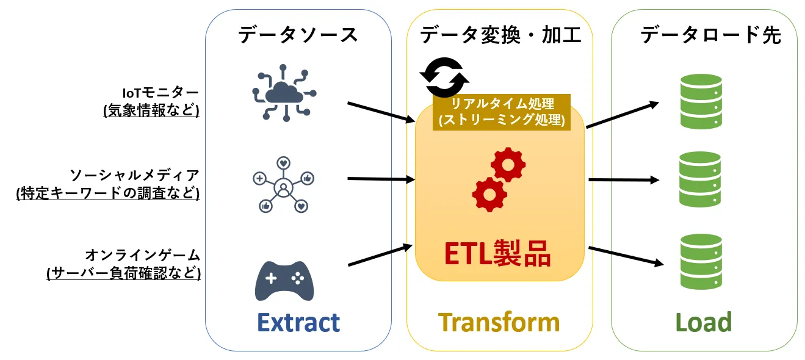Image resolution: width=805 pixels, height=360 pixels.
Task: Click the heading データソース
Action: coord(298,35)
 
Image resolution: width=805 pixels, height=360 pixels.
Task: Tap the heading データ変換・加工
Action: coord(500,35)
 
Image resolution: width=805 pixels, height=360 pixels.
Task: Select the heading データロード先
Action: coord(710,35)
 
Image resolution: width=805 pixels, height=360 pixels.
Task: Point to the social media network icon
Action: coord(283,184)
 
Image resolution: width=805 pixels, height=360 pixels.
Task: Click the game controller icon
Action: coord(284,281)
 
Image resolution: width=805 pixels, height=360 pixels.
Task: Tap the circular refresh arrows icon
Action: coord(444,77)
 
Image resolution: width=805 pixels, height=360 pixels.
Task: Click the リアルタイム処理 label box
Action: coord(501,112)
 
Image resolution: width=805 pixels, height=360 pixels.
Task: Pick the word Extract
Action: coord(298,322)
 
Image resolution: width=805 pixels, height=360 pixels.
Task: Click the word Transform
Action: coord(499,322)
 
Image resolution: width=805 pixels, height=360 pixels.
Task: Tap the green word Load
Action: coord(704,322)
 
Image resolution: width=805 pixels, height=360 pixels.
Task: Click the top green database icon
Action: coord(701,101)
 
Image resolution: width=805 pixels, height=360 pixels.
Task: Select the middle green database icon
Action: coord(701,180)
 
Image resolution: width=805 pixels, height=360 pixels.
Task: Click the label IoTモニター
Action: coord(161,93)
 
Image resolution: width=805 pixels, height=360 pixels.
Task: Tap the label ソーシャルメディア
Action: coord(134,175)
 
